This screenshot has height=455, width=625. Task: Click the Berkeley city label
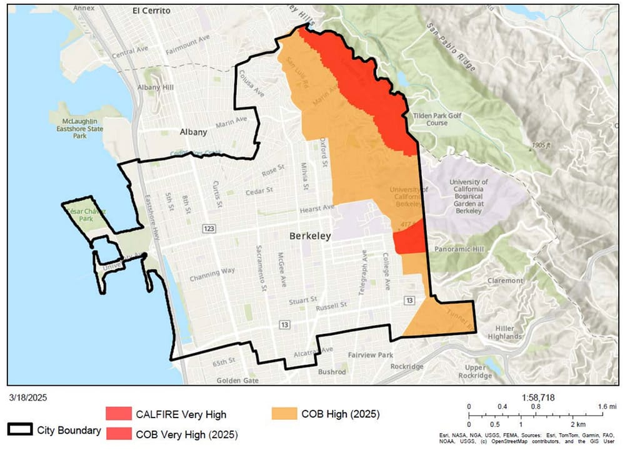(x=309, y=237)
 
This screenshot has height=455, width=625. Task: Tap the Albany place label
(x=192, y=132)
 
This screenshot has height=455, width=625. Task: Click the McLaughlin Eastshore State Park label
(x=79, y=128)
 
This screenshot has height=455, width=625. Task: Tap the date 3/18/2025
(x=28, y=397)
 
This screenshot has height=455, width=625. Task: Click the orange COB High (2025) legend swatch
(x=284, y=414)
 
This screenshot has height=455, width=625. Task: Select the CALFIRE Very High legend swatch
(x=118, y=414)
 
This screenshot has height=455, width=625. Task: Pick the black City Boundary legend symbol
(x=19, y=430)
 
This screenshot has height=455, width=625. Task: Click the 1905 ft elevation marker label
(x=539, y=145)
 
